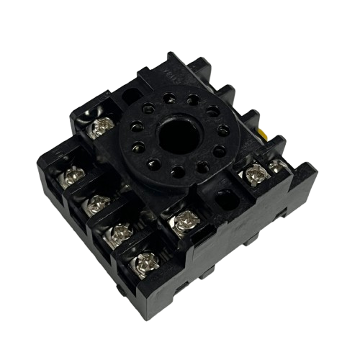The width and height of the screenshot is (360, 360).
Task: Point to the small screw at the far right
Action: click(x=276, y=166)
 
